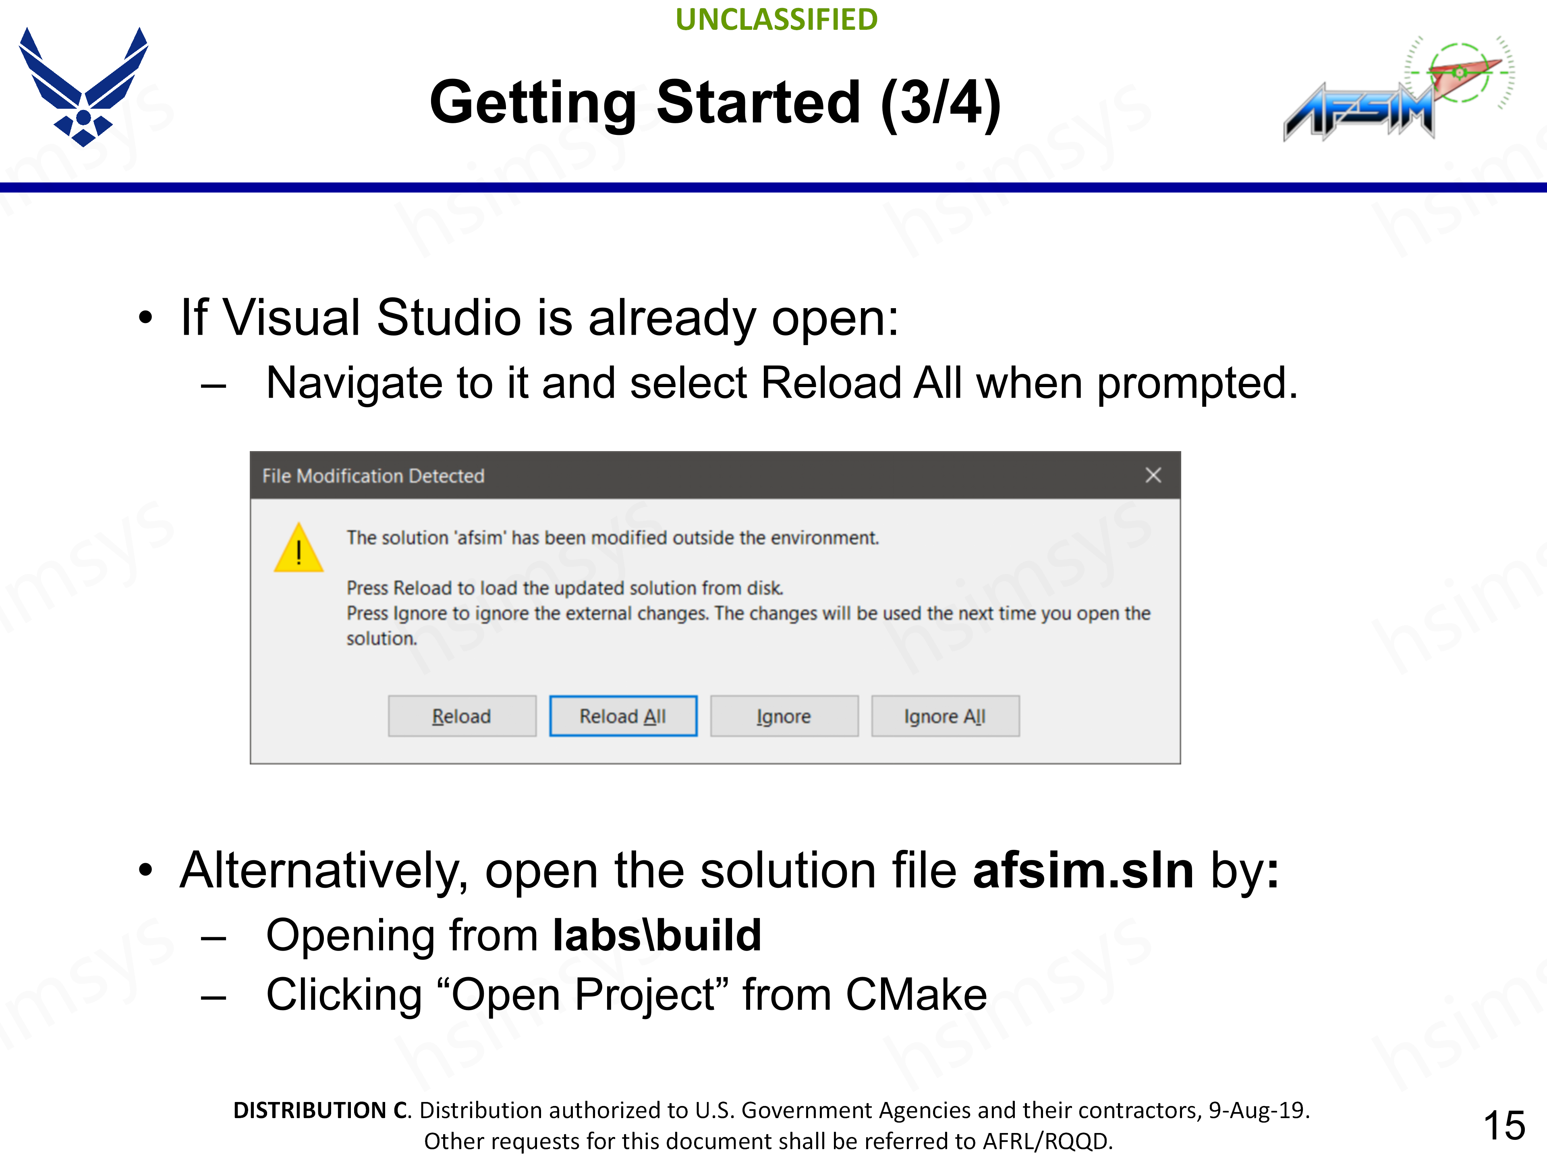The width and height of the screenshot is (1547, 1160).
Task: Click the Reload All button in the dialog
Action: pyautogui.click(x=623, y=716)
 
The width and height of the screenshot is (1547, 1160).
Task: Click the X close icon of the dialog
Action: pyautogui.click(x=1153, y=475)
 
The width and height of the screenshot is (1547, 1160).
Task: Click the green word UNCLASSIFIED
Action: pyautogui.click(x=776, y=20)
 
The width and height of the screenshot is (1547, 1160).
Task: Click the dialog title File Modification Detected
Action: pyautogui.click(x=373, y=476)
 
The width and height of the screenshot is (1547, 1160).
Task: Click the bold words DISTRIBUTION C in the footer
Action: pyautogui.click(x=321, y=1110)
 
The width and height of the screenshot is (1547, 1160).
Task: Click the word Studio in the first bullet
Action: pyautogui.click(x=449, y=317)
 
